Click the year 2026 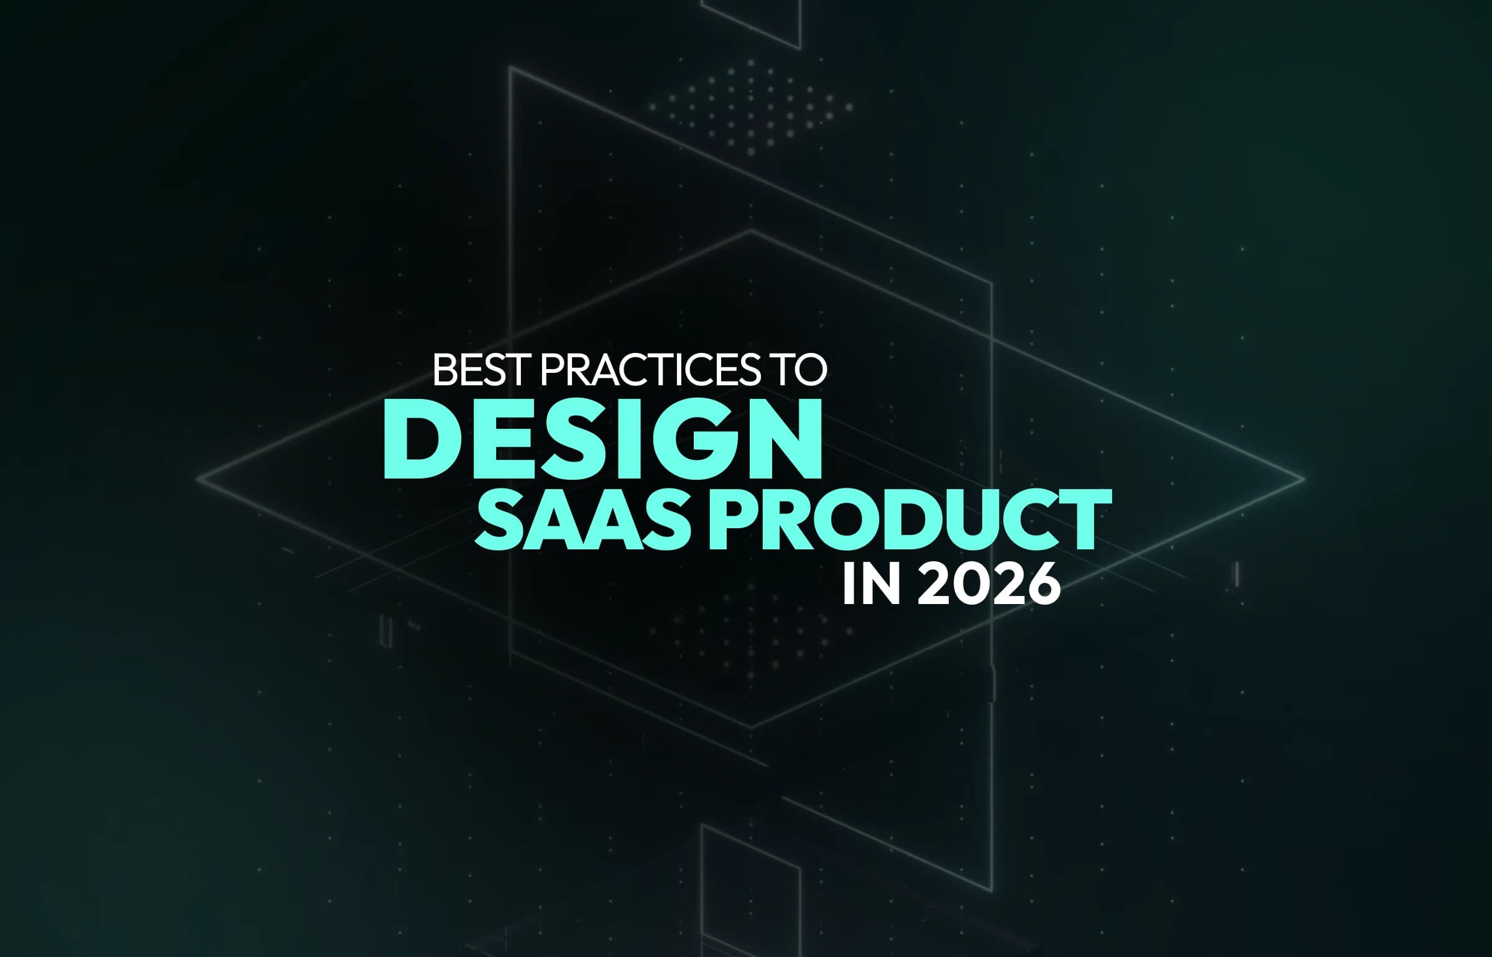point(988,584)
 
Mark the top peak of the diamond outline point(750,231)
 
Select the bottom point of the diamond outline point(750,727)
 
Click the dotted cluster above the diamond point(750,106)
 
